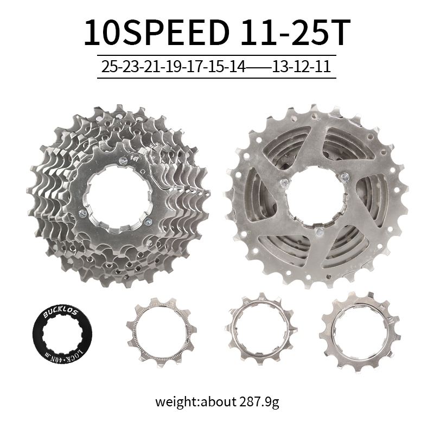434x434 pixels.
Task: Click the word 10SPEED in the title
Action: pos(157,33)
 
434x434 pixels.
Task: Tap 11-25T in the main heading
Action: pos(295,33)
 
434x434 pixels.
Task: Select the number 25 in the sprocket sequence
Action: pos(110,67)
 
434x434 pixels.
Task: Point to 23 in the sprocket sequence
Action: pos(131,67)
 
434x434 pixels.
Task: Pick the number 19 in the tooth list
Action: pos(174,67)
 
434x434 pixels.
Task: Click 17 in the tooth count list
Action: pos(195,67)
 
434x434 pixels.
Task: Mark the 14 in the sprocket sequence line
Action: pos(238,67)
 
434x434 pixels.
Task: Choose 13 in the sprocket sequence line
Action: pos(280,67)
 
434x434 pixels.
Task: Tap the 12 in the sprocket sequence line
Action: pos(302,67)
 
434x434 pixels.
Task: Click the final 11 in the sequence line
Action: pos(322,67)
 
